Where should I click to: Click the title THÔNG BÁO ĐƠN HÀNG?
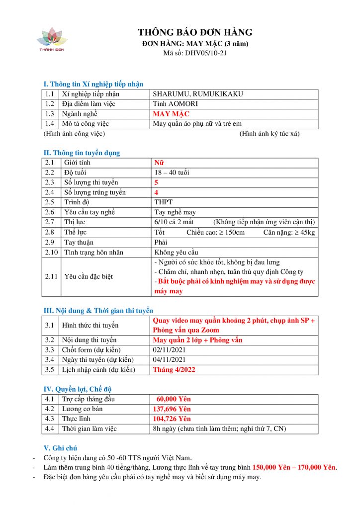pyautogui.click(x=195, y=33)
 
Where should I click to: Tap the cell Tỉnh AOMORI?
pyautogui.click(x=171, y=104)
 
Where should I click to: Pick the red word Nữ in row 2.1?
pyautogui.click(x=159, y=163)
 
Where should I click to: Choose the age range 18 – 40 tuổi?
pyautogui.click(x=172, y=172)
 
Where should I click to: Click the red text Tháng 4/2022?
pyautogui.click(x=174, y=369)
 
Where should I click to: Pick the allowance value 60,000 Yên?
pyautogui.click(x=174, y=399)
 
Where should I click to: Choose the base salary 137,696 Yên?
pyautogui.click(x=172, y=409)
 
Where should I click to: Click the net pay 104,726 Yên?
pyautogui.click(x=172, y=419)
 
